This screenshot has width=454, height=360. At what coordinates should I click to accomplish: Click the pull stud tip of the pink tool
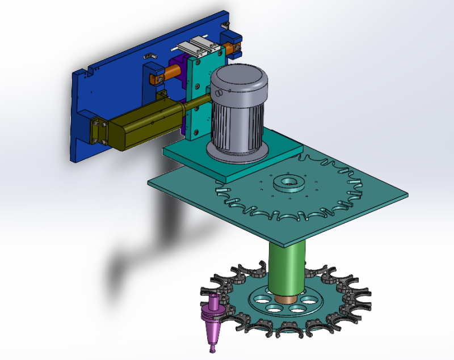(212, 350)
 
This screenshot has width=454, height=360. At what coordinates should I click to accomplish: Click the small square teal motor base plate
(187, 153)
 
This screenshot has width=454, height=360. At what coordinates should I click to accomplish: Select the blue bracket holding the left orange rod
(153, 77)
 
